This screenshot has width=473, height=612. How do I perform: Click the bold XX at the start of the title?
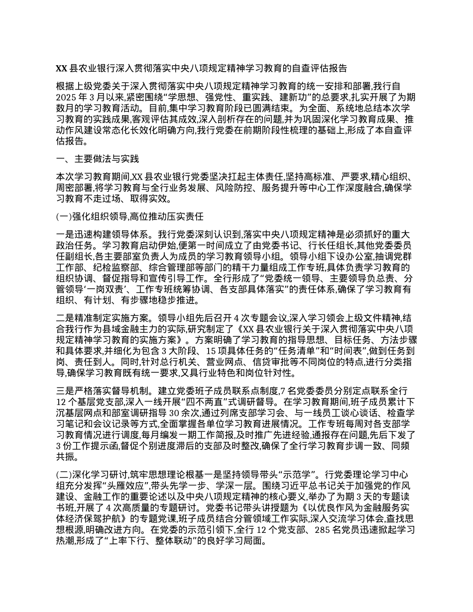61,68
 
